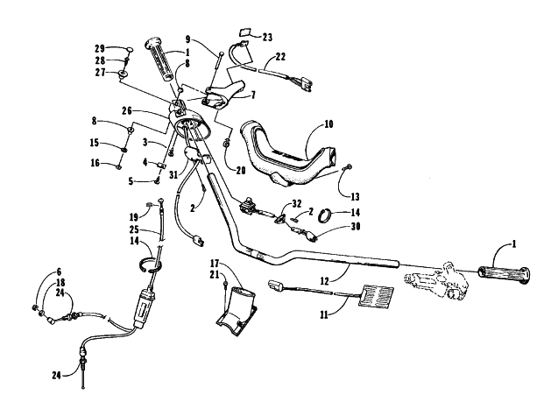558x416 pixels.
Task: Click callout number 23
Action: (x=267, y=37)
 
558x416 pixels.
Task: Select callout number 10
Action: (x=328, y=124)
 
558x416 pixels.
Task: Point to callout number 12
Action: (x=324, y=281)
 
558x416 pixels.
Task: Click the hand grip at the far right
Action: (x=504, y=275)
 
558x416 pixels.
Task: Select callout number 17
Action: (x=214, y=264)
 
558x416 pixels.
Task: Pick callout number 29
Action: (x=100, y=48)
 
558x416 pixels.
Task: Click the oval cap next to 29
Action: (x=129, y=49)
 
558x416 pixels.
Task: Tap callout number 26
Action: (x=126, y=110)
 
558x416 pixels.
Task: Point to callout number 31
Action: (x=173, y=175)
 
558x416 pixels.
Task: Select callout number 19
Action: (x=134, y=216)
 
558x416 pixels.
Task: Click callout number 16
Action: (x=95, y=164)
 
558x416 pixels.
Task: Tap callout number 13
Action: (x=355, y=196)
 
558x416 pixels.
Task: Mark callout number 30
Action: (x=356, y=226)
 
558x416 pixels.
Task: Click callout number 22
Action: (x=280, y=57)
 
